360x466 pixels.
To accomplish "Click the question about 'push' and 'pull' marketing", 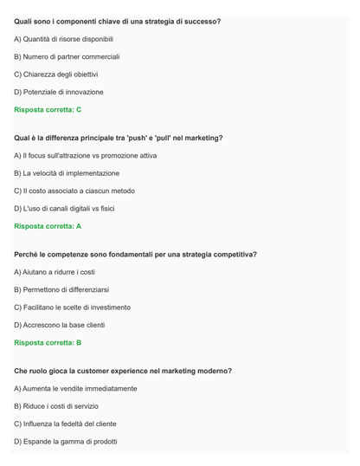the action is point(119,138).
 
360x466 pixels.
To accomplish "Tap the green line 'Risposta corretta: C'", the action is point(48,109).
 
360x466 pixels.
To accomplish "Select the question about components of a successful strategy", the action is point(117,21).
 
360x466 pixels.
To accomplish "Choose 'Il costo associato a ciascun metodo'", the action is point(74,191).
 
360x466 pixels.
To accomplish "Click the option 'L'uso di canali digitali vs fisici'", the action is point(69,208).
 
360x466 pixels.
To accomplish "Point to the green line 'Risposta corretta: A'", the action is point(48,226).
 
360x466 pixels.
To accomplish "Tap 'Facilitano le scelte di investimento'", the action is point(73,307).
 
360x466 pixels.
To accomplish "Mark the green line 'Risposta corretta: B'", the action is point(48,342).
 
